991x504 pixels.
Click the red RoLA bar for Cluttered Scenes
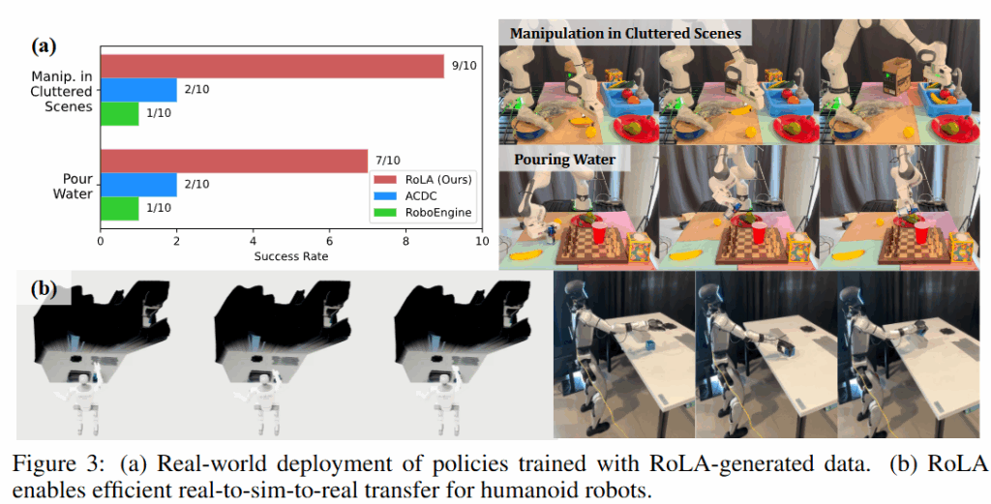272,66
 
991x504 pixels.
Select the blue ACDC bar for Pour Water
138,184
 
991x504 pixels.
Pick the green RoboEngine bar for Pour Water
119,208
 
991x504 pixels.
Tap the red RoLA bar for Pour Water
233,160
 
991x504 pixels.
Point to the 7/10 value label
385,160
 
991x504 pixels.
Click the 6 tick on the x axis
329,242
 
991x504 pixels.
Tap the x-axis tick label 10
481,242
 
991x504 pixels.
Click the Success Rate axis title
290,256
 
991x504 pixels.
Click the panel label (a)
45,44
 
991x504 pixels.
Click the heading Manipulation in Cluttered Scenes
625,33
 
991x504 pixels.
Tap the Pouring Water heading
564,159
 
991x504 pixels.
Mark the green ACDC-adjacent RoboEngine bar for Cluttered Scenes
119,113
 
